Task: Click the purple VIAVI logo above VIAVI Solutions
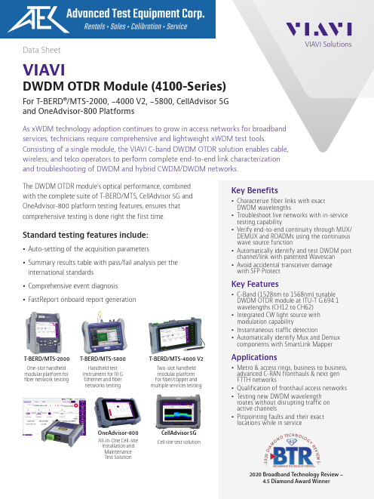tap(319, 29)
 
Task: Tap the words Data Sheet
tap(41, 50)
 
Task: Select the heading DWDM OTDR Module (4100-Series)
tap(124, 86)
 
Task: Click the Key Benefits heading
tap(255, 190)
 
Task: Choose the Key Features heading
tap(255, 284)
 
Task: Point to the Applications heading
tap(254, 357)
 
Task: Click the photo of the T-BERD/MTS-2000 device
tap(44, 333)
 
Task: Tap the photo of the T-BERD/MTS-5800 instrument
tap(103, 333)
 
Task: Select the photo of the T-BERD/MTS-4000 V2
tap(176, 335)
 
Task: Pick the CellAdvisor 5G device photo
tap(179, 411)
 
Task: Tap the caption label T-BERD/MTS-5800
tap(103, 359)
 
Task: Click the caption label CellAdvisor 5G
tap(179, 433)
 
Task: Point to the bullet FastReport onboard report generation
tap(82, 300)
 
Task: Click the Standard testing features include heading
tap(85, 236)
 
